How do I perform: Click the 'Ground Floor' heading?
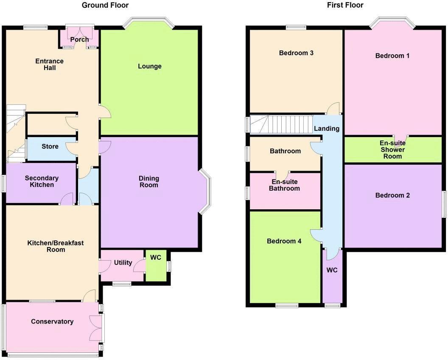[x=105, y=5]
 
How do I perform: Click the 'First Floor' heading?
[x=345, y=5]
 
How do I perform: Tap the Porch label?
[x=79, y=39]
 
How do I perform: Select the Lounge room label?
[x=150, y=66]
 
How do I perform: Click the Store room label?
[x=50, y=147]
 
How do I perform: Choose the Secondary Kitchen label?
[x=42, y=181]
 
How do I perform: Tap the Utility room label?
[x=123, y=263]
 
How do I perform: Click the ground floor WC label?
[x=156, y=258]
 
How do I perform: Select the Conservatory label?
[x=52, y=321]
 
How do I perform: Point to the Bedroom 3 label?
[x=296, y=53]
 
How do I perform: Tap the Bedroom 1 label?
[x=392, y=56]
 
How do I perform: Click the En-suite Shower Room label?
[x=392, y=149]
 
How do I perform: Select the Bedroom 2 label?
[x=392, y=195]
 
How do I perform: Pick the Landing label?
[x=327, y=128]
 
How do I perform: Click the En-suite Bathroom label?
[x=284, y=185]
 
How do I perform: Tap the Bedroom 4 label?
[x=284, y=241]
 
